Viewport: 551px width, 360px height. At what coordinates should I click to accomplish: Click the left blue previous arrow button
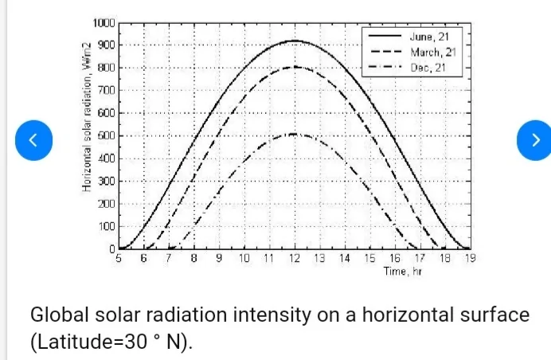pyautogui.click(x=33, y=140)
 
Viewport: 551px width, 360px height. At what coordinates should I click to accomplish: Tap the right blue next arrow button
pyautogui.click(x=535, y=140)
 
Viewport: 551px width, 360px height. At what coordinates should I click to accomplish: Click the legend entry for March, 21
pyautogui.click(x=431, y=52)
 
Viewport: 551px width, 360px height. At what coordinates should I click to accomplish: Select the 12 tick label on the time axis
pyautogui.click(x=295, y=259)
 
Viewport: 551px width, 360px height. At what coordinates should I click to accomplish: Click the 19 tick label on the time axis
pyautogui.click(x=469, y=259)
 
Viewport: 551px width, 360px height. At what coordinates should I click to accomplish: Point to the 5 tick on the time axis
pyautogui.click(x=119, y=259)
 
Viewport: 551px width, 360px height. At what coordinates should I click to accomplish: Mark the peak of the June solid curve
pyautogui.click(x=295, y=41)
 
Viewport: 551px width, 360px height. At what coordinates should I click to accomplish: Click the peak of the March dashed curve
pyautogui.click(x=295, y=67)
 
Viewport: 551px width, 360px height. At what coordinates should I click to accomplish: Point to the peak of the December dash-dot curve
pyautogui.click(x=295, y=134)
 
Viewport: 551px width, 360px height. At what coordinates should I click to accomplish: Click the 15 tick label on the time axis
pyautogui.click(x=369, y=259)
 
